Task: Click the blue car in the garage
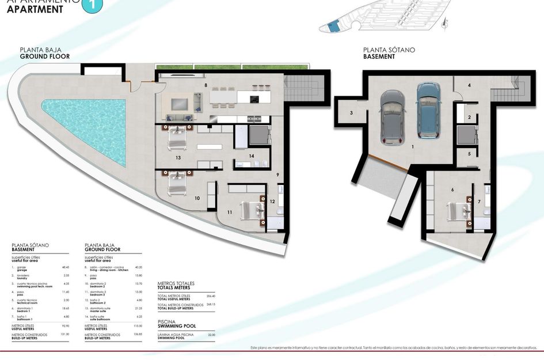pyautogui.click(x=428, y=109)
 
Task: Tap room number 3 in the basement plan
pyautogui.click(x=351, y=113)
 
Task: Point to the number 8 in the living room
pyautogui.click(x=206, y=85)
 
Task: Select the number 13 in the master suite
pyautogui.click(x=178, y=157)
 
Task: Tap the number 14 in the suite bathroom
pyautogui.click(x=251, y=156)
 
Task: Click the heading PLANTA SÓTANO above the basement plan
pyautogui.click(x=389, y=50)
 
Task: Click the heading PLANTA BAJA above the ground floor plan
pyautogui.click(x=40, y=50)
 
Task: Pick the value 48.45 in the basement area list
pyautogui.click(x=65, y=267)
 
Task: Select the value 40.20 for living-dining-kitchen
pyautogui.click(x=138, y=267)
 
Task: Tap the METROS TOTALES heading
pyautogui.click(x=176, y=283)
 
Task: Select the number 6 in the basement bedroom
pyautogui.click(x=452, y=190)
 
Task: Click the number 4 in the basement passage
pyautogui.click(x=469, y=85)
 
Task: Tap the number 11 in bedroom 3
pyautogui.click(x=229, y=213)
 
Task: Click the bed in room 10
pyautogui.click(x=177, y=185)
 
